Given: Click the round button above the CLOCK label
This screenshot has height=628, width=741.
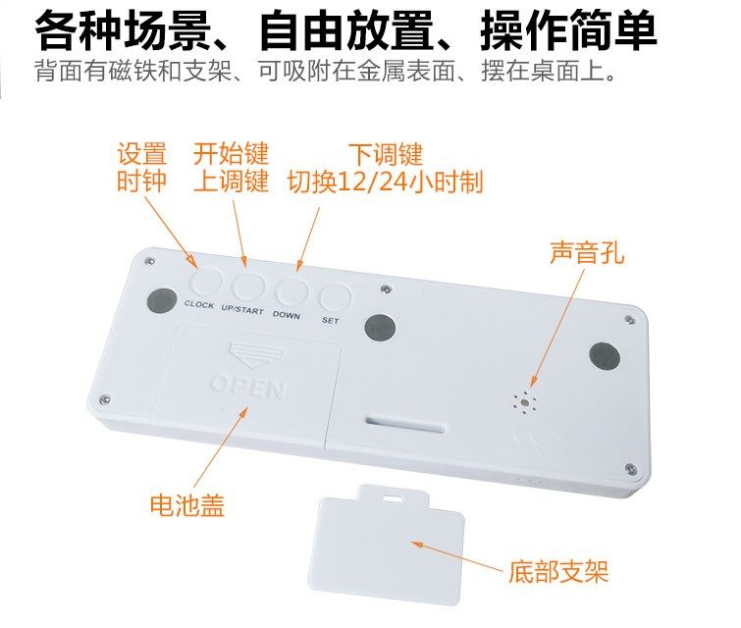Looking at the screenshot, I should pyautogui.click(x=206, y=284).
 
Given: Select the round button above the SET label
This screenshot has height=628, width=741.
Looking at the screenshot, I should pyautogui.click(x=335, y=298).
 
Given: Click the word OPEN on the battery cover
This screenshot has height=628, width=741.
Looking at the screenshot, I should pyautogui.click(x=247, y=386).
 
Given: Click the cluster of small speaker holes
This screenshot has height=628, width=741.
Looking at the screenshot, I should pyautogui.click(x=526, y=400).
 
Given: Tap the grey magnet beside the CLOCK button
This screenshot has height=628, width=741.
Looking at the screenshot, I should pyautogui.click(x=161, y=300).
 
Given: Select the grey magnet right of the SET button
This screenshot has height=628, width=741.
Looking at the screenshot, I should pyautogui.click(x=379, y=327).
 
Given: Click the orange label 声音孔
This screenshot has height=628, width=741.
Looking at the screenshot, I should pyautogui.click(x=587, y=253).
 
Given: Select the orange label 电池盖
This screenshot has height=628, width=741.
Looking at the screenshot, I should pyautogui.click(x=186, y=505).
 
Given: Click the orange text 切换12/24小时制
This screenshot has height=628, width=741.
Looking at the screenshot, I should pyautogui.click(x=385, y=183).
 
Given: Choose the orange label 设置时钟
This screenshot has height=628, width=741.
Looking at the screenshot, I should pyautogui.click(x=142, y=168).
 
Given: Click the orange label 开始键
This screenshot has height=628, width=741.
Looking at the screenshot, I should pyautogui.click(x=231, y=154).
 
